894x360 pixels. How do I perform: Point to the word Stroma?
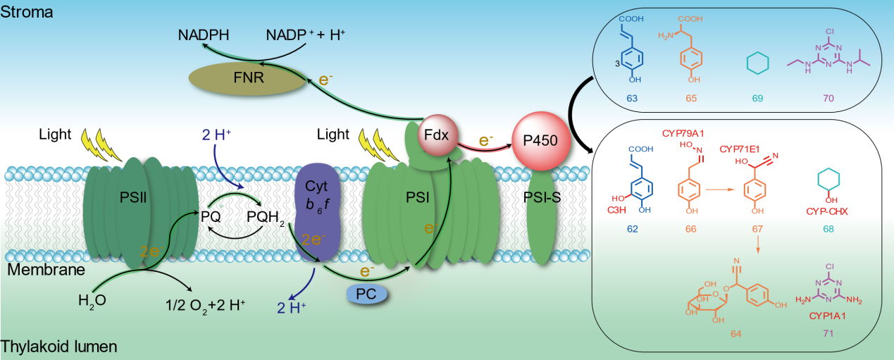coord(26,12)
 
